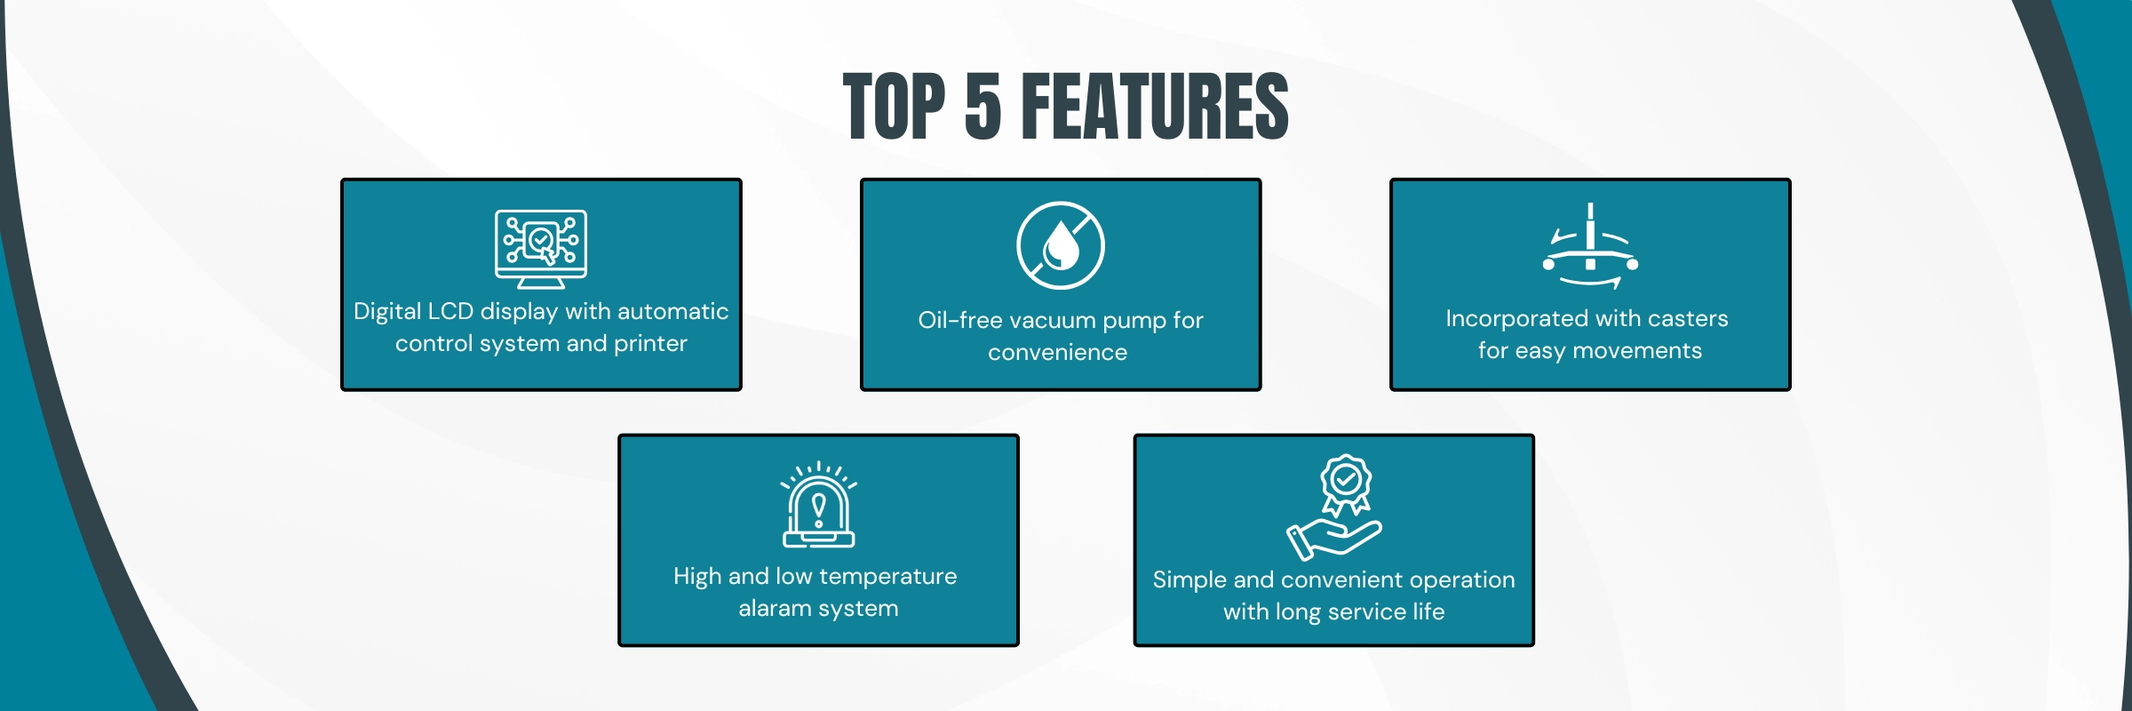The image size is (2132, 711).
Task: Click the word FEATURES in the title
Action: coord(1155,107)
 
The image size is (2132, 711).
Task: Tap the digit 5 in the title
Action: coord(983,107)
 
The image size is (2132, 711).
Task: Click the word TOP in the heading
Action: coord(895,107)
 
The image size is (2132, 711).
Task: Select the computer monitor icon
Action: coord(541,250)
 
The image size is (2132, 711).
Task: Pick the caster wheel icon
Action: coord(1590,246)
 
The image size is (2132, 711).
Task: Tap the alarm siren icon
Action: coord(818,504)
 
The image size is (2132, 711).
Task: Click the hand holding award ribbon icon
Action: coord(1334,507)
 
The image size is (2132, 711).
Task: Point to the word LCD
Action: coord(450,312)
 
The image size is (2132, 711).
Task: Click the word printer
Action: coord(650,345)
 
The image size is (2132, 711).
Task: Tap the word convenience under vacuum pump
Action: coord(1057,353)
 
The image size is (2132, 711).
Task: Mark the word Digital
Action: coord(387,312)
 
